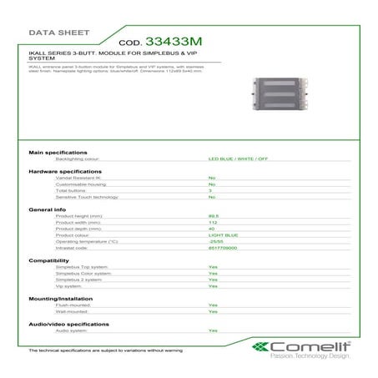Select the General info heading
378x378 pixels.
[48, 209]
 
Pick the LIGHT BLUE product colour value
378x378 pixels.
[223, 234]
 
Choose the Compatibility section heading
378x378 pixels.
[48, 260]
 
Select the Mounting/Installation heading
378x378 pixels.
[60, 299]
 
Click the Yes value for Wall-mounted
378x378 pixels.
[213, 311]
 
